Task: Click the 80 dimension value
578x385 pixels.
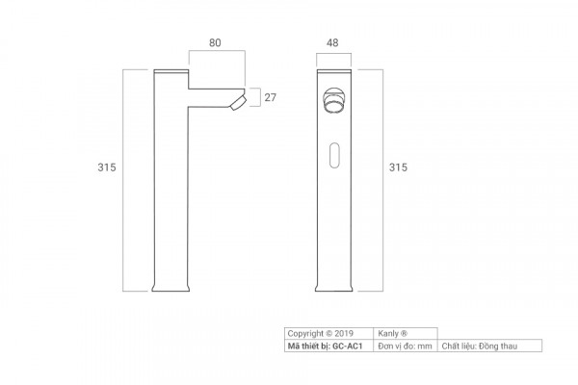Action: click(215, 42)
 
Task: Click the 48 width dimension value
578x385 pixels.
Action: click(332, 42)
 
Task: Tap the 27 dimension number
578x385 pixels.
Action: click(270, 97)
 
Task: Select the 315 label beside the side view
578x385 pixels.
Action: click(107, 167)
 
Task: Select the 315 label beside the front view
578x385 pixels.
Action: click(398, 167)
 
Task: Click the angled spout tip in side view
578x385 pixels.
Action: click(238, 102)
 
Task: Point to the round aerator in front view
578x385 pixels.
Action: click(333, 100)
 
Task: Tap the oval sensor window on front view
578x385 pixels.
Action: click(334, 155)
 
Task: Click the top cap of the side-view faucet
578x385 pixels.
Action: click(171, 71)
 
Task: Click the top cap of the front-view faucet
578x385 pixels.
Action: click(334, 71)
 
